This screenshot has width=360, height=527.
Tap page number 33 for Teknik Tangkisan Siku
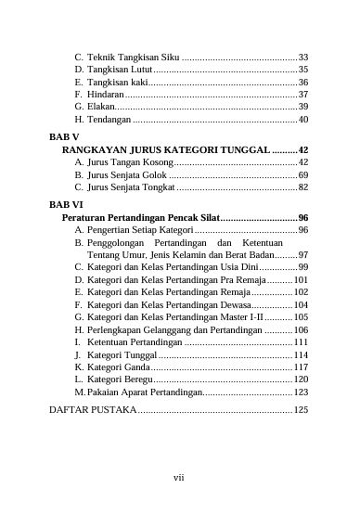303,57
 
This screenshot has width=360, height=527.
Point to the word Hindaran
104,95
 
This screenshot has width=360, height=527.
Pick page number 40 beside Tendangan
303,120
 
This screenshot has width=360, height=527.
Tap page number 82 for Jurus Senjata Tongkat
303,187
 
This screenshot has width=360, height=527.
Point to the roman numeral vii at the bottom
179,477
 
